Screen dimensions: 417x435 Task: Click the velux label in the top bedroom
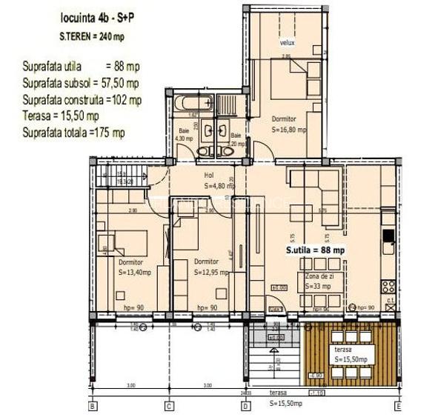tap(287, 42)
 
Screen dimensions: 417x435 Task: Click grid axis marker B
tap(93, 407)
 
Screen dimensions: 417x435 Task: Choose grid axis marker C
tap(169, 407)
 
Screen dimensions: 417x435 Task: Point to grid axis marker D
tap(245, 407)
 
